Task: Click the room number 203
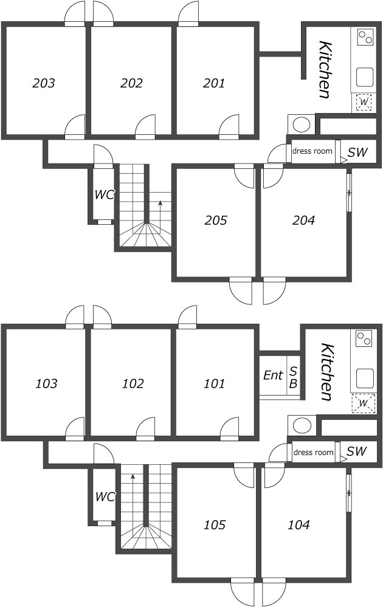coord(44,83)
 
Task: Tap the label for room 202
coord(131,83)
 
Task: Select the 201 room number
coord(214,83)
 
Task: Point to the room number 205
coord(216,221)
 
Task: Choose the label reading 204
coord(303,221)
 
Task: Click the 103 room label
coord(46,383)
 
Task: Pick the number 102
coord(133,383)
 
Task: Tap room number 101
coord(214,383)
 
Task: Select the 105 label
coord(215,525)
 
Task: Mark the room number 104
coord(298,525)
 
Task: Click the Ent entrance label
coord(273,375)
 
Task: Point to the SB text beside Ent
coord(293,377)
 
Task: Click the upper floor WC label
coord(105,194)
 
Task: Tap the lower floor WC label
coord(105,496)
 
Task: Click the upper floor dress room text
coord(312,151)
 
